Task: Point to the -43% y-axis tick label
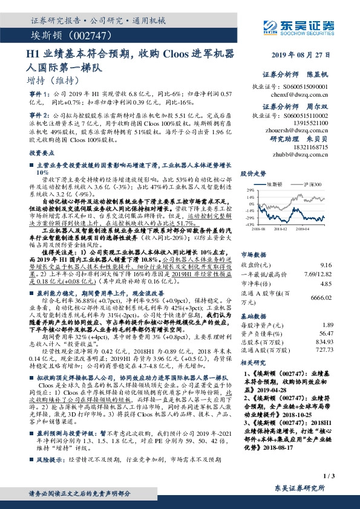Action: tap(249, 224)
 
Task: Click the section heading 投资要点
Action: tap(41, 154)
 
